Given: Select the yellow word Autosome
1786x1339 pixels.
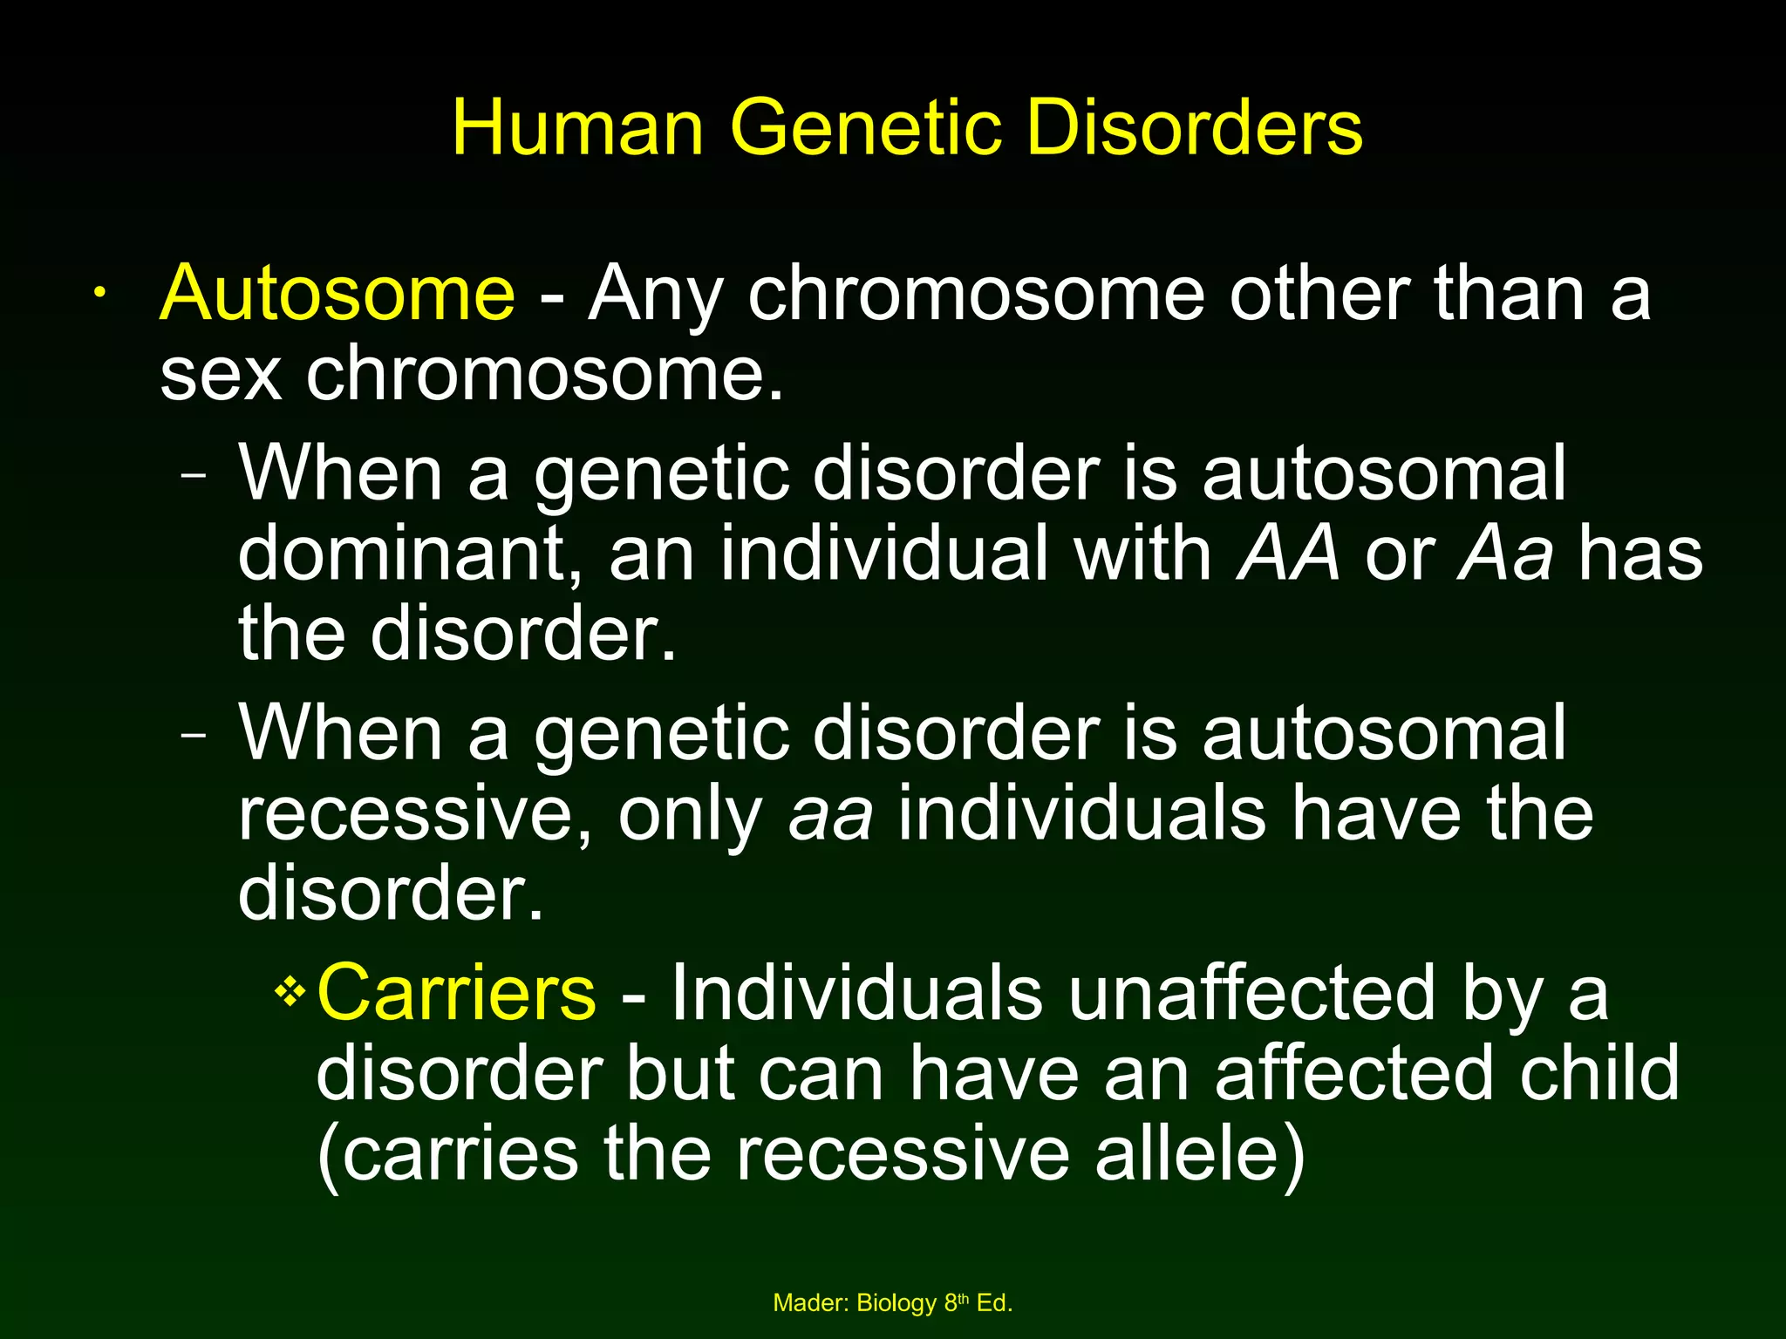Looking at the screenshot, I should [337, 294].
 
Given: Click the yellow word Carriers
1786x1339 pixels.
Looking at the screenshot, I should [456, 993].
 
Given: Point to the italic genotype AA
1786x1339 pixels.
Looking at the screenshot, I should [1288, 554].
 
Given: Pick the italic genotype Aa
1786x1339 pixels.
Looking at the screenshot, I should [1505, 554].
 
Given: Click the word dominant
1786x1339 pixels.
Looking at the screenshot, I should [410, 554].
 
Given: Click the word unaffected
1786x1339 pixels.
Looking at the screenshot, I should [1251, 993].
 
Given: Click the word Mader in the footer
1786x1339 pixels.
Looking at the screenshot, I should [809, 1303].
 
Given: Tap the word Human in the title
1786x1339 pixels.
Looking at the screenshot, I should [577, 128].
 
